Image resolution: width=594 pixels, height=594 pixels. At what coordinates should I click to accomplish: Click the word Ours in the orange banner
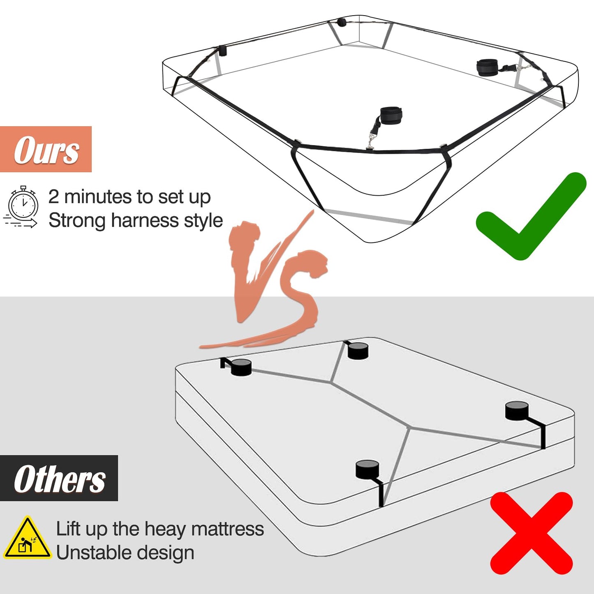(x=46, y=150)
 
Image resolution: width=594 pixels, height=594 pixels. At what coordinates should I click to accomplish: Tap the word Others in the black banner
(x=60, y=479)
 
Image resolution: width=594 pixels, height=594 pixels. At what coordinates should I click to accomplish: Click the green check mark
(x=531, y=216)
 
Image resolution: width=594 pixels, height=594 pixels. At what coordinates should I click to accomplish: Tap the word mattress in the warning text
(x=227, y=529)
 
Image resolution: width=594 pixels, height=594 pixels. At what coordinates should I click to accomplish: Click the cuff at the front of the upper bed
(x=391, y=115)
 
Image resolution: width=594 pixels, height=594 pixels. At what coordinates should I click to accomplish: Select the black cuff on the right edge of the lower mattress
(x=517, y=411)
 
